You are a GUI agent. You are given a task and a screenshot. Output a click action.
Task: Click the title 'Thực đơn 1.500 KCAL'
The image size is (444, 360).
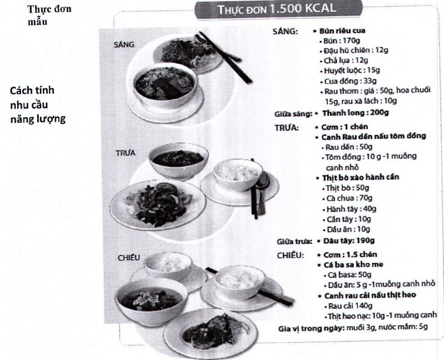(277, 9)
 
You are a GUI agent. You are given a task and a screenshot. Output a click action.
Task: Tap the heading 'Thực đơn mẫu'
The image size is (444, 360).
(49, 15)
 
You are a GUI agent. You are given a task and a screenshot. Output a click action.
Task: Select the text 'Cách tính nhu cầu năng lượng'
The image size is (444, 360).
(38, 105)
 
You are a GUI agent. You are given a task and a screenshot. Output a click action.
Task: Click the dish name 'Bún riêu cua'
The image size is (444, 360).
(342, 30)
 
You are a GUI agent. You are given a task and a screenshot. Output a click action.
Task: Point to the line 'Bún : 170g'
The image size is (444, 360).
(342, 40)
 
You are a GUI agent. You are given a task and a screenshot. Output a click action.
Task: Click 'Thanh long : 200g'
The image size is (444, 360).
(355, 113)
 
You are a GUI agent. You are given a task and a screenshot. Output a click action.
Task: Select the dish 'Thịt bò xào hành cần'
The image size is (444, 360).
(361, 178)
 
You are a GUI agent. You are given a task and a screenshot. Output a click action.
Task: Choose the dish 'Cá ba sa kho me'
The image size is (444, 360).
(354, 265)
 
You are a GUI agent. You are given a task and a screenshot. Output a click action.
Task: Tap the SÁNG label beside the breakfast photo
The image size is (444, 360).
(124, 45)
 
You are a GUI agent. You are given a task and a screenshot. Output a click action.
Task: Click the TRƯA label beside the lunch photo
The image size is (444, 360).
(125, 153)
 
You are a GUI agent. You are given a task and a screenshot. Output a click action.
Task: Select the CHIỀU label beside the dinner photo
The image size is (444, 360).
(129, 257)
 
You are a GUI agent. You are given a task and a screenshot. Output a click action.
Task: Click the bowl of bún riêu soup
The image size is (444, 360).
(165, 85)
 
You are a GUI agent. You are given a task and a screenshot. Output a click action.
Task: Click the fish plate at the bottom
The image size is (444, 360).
(210, 333)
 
